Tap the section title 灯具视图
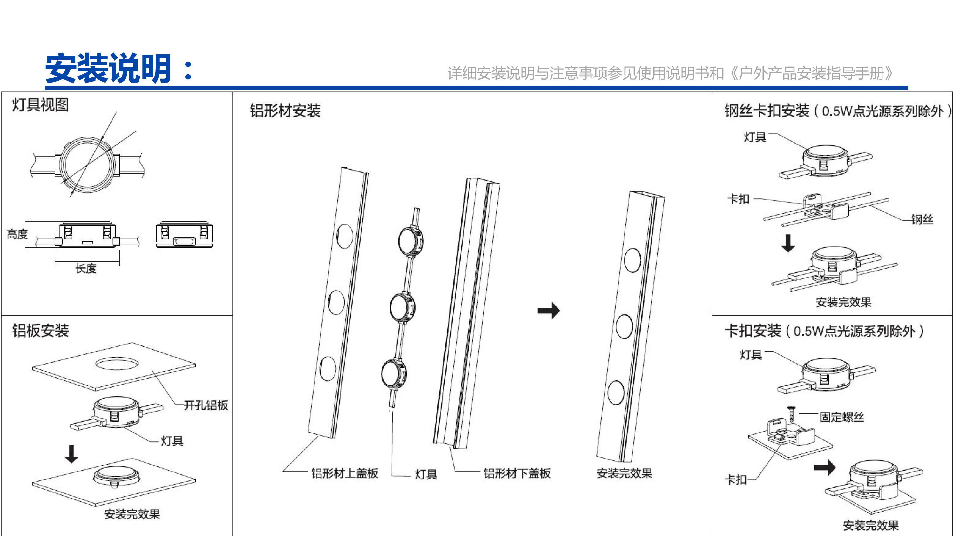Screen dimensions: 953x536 click(41, 105)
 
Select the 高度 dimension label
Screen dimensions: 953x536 click(17, 234)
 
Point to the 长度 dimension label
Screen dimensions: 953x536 click(86, 269)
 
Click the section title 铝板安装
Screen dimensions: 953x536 click(41, 331)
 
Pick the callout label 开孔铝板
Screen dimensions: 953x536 click(206, 405)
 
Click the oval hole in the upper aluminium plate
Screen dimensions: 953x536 click(117, 364)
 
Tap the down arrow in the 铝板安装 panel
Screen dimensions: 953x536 click(71, 454)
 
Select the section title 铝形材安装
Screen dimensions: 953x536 click(285, 111)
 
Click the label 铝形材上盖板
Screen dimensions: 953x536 click(345, 473)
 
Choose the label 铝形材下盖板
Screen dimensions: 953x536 click(517, 473)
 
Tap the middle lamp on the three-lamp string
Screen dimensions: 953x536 click(402, 307)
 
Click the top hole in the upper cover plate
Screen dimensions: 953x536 click(345, 236)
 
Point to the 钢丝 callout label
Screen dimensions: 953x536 click(922, 220)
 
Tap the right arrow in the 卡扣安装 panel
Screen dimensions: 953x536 click(825, 467)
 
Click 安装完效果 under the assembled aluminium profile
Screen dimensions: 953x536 click(625, 473)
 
